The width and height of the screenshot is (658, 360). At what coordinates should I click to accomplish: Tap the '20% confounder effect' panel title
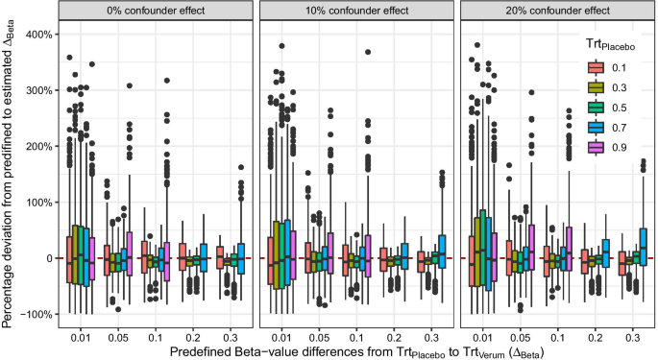[x=554, y=11]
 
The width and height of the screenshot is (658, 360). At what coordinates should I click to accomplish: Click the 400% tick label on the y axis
[x=38, y=35]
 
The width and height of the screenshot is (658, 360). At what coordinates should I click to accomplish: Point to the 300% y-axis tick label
[x=38, y=90]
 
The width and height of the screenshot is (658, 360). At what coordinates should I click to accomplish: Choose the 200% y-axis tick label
[x=38, y=147]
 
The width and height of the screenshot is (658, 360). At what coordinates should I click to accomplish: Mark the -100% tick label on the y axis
[x=37, y=315]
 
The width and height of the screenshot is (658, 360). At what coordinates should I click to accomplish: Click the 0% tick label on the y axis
[x=45, y=259]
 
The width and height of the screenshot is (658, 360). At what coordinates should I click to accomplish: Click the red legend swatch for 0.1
[x=597, y=68]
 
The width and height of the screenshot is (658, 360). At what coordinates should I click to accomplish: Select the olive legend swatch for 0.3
[x=597, y=86]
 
